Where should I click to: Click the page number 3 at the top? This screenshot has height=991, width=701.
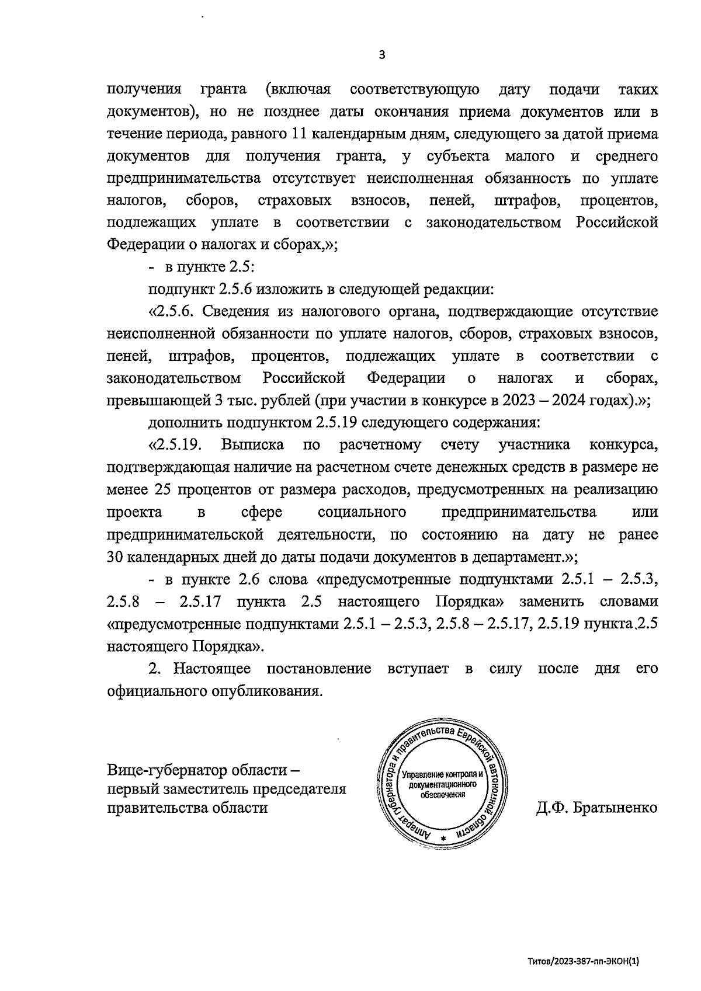[382, 55]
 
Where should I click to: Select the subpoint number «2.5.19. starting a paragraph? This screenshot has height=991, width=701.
[176, 445]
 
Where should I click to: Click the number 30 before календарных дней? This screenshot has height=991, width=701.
[116, 557]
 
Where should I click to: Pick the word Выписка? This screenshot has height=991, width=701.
[252, 445]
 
